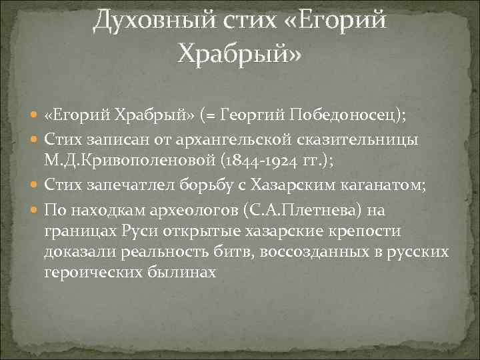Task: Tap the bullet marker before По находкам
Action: (x=35, y=211)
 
